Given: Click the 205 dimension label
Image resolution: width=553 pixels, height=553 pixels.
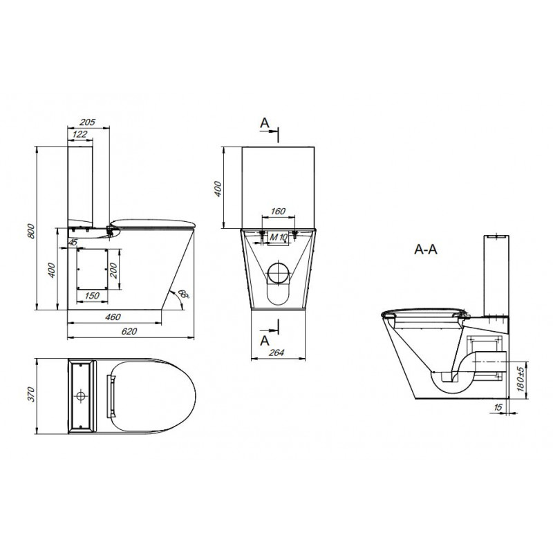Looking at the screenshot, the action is pos(88,122).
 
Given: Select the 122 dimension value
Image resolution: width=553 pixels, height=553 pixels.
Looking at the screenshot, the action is pos(79,134).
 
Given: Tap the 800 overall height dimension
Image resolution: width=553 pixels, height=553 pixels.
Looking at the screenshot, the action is pos(31,231).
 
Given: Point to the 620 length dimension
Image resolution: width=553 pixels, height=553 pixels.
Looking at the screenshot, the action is pos(129,332).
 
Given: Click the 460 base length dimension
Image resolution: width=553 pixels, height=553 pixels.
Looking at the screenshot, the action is pos(113,317).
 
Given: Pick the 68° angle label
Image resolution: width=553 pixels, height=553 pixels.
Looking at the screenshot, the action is pos(184,294).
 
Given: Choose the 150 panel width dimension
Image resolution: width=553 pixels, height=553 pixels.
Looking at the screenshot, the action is pos(92,296).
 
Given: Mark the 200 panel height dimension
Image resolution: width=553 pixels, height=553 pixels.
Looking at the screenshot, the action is pos(113,270).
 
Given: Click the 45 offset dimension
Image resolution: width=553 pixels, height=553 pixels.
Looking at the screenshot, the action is pos(73,243).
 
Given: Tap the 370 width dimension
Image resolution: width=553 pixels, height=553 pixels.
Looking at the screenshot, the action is pos(31,394).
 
